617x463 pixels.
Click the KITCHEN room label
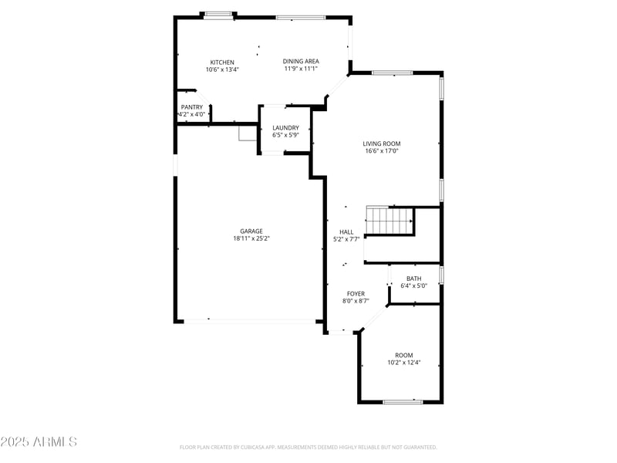(x=222, y=63)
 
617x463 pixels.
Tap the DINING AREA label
(x=301, y=61)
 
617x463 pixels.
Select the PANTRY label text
(x=192, y=106)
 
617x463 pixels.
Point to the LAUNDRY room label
(x=285, y=127)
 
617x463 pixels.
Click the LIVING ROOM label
(x=382, y=144)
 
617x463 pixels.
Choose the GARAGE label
(x=251, y=231)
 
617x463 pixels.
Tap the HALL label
(x=346, y=231)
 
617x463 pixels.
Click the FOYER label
(x=356, y=293)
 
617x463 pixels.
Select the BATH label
(x=414, y=279)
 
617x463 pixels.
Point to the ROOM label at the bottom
(x=404, y=355)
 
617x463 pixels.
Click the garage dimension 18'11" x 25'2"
(x=251, y=238)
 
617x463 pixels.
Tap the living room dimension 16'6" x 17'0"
(x=382, y=151)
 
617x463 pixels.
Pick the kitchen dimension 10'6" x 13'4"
(x=222, y=69)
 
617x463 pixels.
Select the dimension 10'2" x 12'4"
(x=404, y=362)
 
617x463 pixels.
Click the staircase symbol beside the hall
(x=389, y=221)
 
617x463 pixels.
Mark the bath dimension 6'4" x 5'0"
(x=414, y=286)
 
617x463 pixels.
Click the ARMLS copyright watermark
(x=39, y=442)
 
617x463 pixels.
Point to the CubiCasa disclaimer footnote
(x=308, y=447)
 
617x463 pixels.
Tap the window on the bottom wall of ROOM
(x=403, y=401)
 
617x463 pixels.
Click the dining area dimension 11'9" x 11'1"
(x=301, y=69)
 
